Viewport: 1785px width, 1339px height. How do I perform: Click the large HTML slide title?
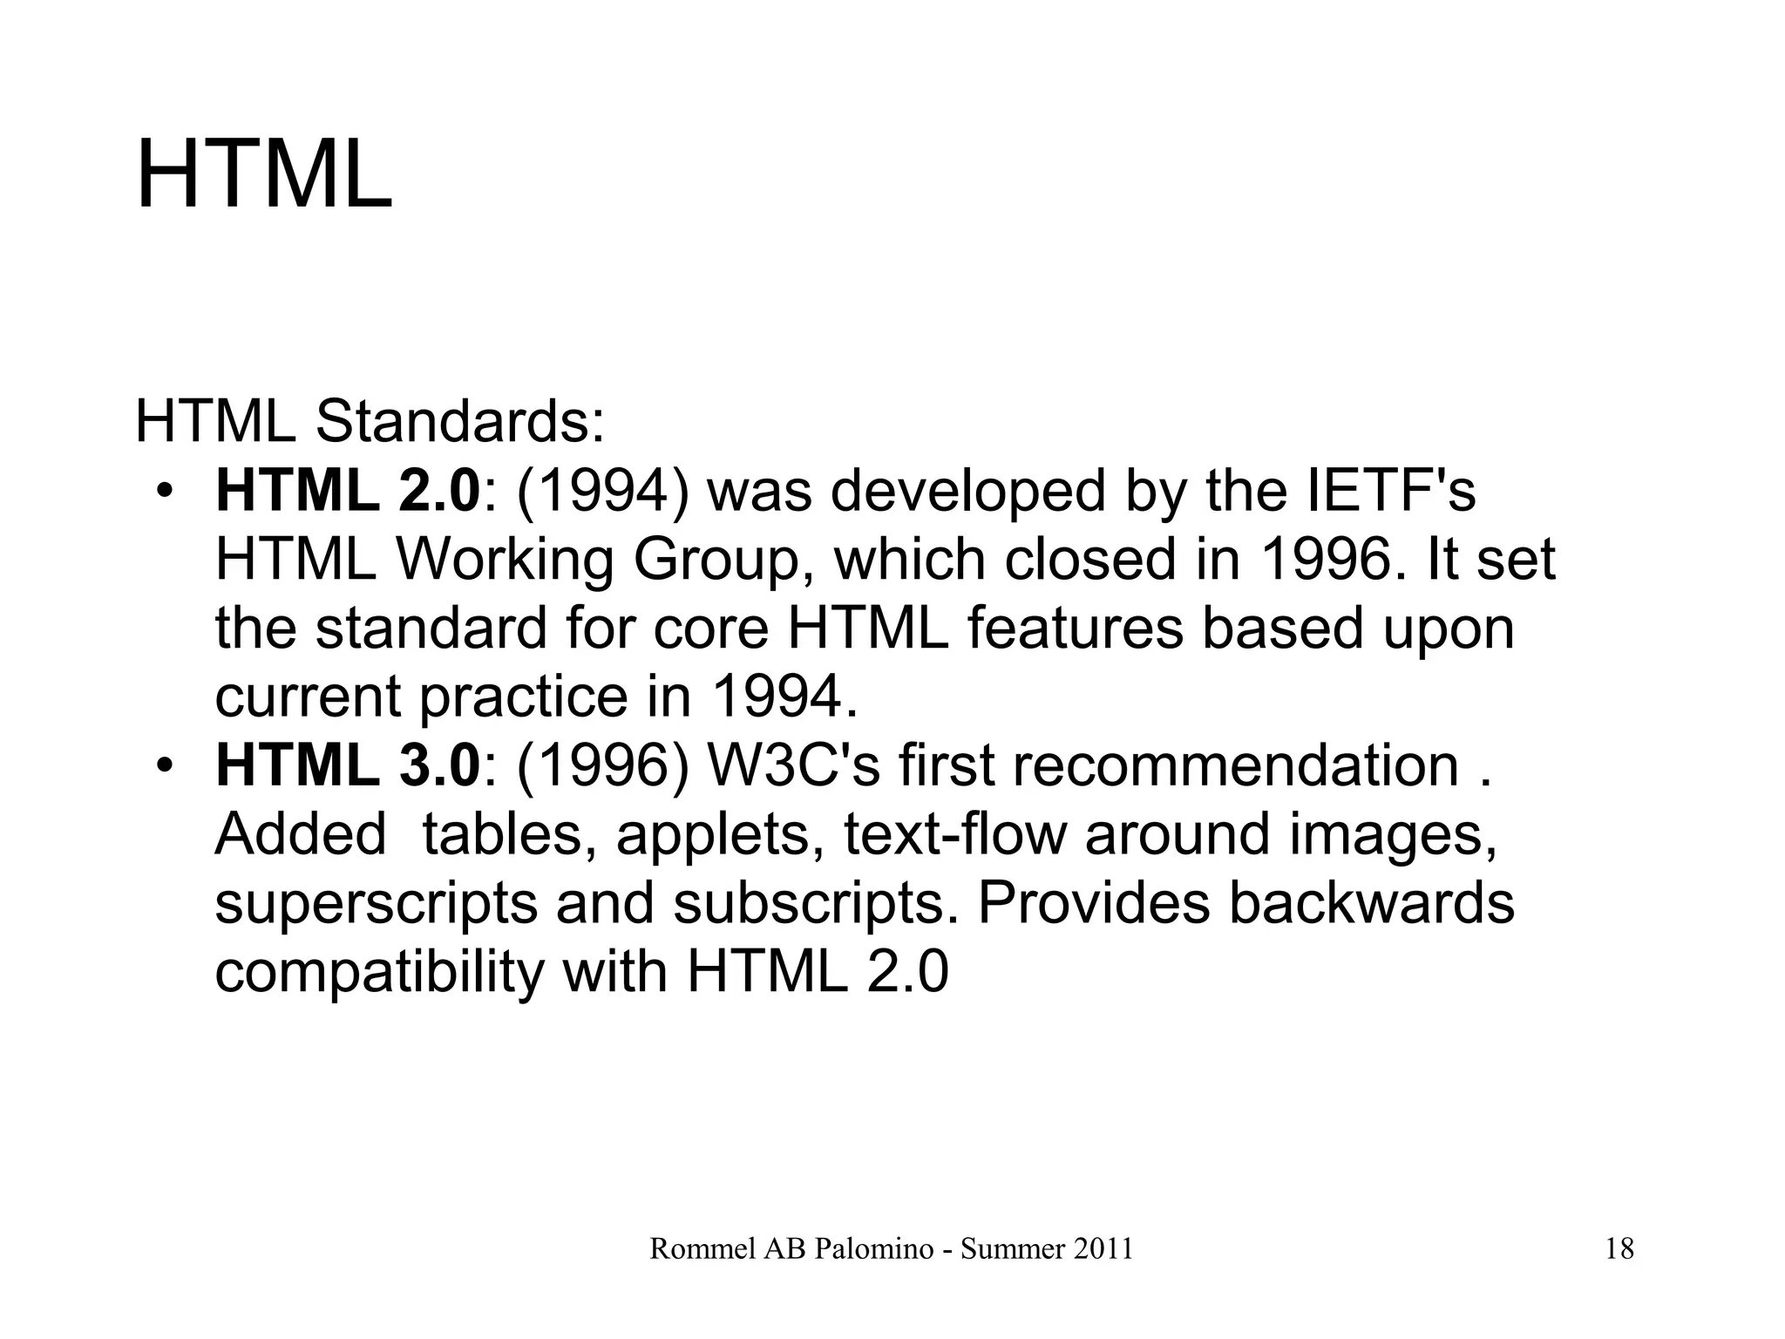click(x=264, y=175)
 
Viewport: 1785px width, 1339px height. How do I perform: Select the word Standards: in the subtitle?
click(x=459, y=422)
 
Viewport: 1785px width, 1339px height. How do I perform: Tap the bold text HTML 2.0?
click(x=348, y=491)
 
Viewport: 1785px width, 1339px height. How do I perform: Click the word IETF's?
click(x=1392, y=491)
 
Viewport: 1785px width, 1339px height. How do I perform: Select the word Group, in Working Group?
click(x=727, y=560)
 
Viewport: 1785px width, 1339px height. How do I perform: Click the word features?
click(x=1075, y=629)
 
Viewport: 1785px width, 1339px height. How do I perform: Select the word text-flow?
click(x=954, y=834)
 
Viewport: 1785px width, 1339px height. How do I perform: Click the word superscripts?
click(x=377, y=904)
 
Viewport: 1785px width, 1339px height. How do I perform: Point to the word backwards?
click(x=1372, y=903)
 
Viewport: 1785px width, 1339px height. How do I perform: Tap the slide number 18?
click(x=1619, y=1250)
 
